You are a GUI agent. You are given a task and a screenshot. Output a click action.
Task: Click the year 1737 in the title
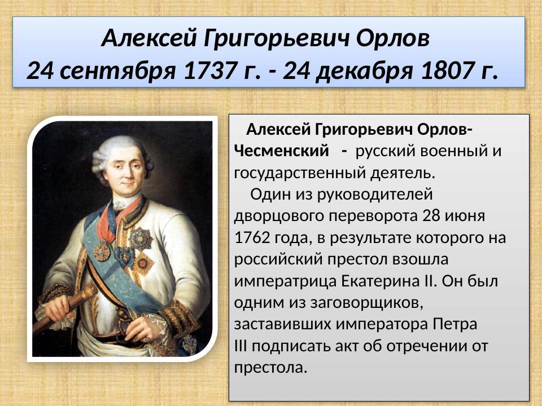[x=216, y=71]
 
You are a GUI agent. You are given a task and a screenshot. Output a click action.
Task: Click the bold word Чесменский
[x=281, y=151]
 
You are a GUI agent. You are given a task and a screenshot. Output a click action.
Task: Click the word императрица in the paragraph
[x=286, y=281]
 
